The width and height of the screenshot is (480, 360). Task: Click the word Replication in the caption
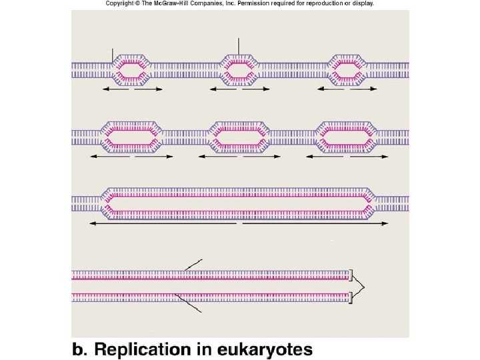click(142, 349)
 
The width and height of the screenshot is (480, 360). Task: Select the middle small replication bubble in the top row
click(239, 70)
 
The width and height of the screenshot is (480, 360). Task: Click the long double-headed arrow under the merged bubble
click(239, 224)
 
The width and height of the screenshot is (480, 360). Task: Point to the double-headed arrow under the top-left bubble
click(132, 89)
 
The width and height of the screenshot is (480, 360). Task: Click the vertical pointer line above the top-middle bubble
click(238, 47)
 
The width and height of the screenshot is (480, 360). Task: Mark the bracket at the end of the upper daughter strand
click(351, 275)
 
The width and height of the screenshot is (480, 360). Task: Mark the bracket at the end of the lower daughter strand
click(351, 297)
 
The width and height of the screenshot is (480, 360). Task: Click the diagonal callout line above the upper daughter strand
click(194, 265)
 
